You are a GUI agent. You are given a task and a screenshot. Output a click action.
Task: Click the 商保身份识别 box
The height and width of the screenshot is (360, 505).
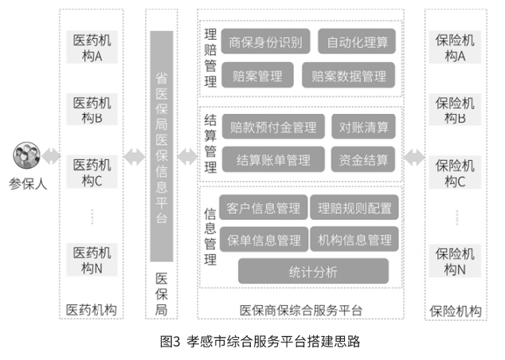tap(266, 41)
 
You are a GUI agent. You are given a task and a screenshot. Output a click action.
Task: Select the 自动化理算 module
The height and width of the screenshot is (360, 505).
tap(357, 41)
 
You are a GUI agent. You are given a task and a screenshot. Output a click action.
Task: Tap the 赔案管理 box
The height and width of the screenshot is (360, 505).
tap(257, 76)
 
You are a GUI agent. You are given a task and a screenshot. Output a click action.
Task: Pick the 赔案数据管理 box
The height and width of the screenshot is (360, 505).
tap(348, 76)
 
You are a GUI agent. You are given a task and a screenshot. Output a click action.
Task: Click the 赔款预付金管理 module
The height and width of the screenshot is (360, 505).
tap(273, 127)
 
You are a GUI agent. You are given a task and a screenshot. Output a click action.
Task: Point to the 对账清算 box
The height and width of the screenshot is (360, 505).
tap(363, 127)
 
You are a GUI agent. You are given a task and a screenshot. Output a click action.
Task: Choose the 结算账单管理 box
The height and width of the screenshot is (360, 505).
tap(273, 159)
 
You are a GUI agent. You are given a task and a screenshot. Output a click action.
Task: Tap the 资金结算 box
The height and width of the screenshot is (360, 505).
tap(363, 159)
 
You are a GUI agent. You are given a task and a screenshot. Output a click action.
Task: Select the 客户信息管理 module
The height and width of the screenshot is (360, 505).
tap(264, 207)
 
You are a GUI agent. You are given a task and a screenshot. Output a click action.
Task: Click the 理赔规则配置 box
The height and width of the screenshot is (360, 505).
tap(354, 207)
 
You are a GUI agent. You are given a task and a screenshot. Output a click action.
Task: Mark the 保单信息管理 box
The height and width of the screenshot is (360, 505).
tap(264, 239)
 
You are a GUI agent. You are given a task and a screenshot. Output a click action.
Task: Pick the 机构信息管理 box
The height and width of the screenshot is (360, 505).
tap(354, 239)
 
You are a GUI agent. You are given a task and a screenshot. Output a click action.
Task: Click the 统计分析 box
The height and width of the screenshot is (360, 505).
tap(313, 271)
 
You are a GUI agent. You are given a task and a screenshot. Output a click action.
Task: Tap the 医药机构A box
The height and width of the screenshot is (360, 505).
tap(92, 47)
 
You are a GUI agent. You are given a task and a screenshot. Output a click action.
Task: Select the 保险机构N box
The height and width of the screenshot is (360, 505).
tap(455, 260)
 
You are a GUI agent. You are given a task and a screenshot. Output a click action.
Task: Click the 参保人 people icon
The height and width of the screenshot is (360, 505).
tap(27, 155)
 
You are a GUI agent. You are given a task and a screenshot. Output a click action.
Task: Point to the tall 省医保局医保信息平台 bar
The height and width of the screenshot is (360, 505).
tap(162, 147)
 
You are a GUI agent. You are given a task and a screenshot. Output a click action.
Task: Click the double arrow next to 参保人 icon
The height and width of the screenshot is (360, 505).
tap(51, 156)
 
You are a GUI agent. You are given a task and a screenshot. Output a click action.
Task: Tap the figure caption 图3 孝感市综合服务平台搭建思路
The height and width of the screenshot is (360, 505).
tap(260, 342)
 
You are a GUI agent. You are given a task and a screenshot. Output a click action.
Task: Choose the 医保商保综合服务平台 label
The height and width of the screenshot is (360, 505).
tap(301, 310)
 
